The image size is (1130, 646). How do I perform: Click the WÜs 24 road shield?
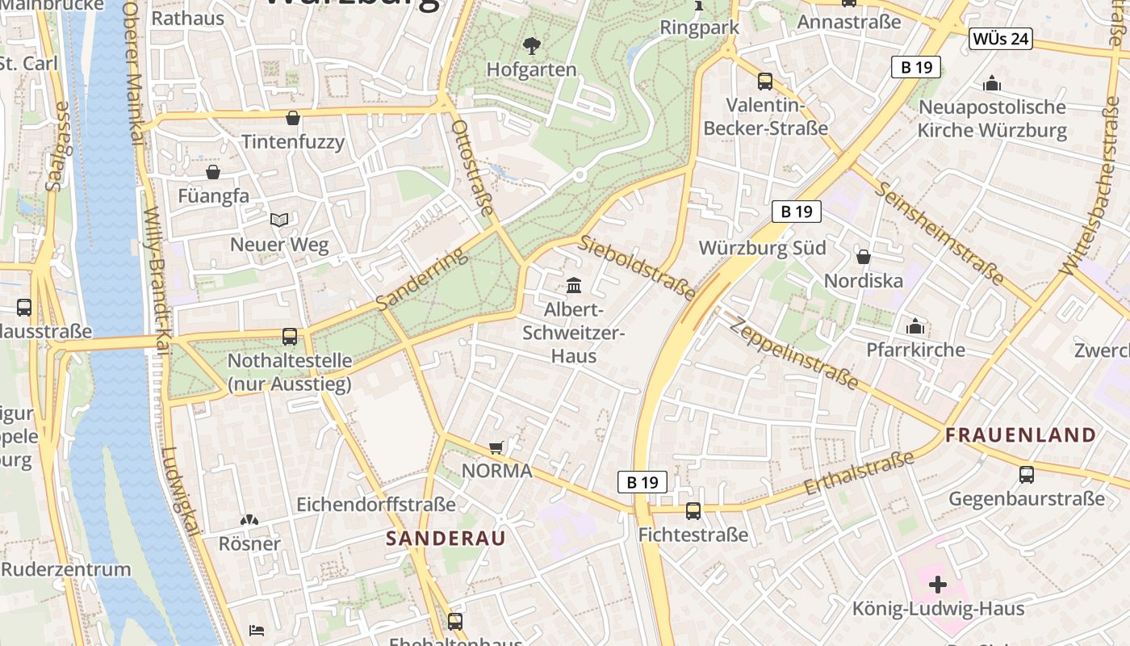point(1002,39)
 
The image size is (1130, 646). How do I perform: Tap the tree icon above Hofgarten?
point(531,45)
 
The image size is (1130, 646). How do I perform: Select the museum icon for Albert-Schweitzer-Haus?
point(574,285)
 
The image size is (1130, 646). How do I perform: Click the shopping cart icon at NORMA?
point(496,447)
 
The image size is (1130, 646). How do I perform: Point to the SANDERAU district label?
point(446,539)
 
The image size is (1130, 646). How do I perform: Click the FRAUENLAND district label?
point(1021,435)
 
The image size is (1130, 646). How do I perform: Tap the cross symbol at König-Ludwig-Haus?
point(938,584)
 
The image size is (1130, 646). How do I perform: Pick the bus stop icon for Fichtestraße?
point(693,510)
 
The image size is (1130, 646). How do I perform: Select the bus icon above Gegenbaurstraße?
point(1026,475)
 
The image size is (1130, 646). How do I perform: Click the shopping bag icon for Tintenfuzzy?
point(293,118)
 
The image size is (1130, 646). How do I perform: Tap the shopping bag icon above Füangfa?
point(213,172)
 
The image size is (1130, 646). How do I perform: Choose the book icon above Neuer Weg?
point(279,220)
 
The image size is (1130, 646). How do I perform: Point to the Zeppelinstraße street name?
point(794,352)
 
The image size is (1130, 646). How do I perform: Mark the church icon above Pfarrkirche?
point(915,326)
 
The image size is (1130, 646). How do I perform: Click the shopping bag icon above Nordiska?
point(863,257)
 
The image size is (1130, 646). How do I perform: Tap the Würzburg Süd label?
point(762,248)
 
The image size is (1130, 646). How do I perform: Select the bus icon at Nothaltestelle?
point(289,337)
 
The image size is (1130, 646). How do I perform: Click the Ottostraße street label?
point(472,168)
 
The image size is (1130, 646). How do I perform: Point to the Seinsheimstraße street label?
point(940,233)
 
